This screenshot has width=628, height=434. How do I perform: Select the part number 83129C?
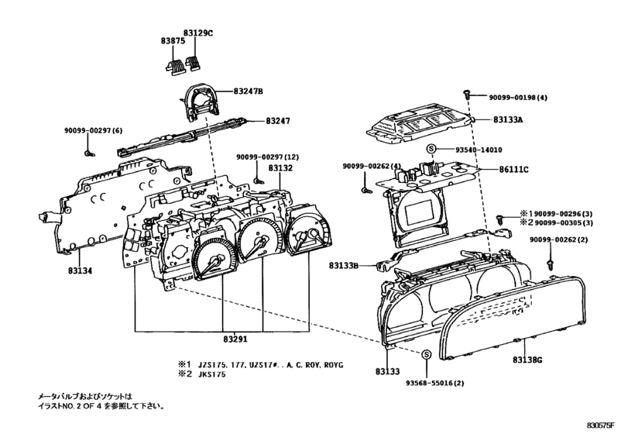199,34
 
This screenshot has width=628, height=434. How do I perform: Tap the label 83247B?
249,91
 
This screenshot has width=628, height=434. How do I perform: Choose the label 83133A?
509,120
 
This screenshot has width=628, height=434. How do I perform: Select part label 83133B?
344,266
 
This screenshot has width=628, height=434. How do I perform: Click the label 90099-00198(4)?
518,97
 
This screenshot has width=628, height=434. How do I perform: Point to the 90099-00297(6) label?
95,130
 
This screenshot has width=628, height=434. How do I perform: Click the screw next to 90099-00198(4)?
468,93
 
